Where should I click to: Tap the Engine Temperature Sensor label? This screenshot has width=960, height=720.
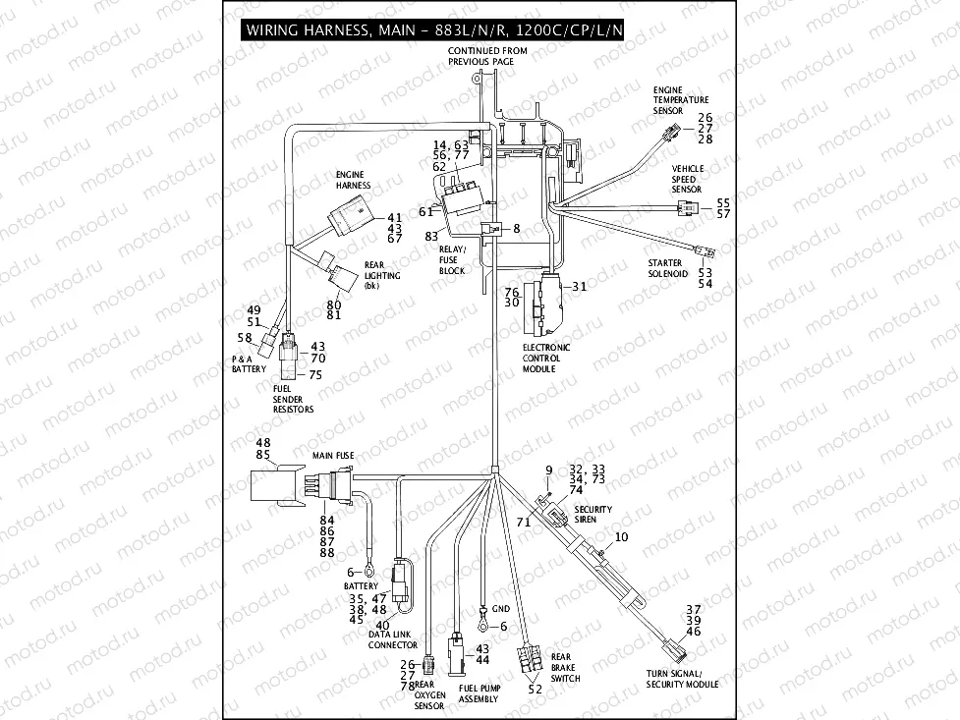pyautogui.click(x=681, y=99)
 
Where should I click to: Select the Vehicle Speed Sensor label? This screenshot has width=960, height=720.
pyautogui.click(x=687, y=179)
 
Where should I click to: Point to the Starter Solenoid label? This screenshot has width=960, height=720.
pyautogui.click(x=668, y=269)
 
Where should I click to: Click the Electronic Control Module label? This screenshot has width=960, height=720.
pyautogui.click(x=545, y=358)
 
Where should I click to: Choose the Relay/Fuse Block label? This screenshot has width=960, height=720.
pyautogui.click(x=452, y=259)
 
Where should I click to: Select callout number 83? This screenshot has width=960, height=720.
pyautogui.click(x=431, y=237)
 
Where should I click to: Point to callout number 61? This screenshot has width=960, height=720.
pyautogui.click(x=425, y=211)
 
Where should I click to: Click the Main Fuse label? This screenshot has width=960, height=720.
pyautogui.click(x=333, y=456)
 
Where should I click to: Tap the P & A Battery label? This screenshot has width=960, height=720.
pyautogui.click(x=249, y=364)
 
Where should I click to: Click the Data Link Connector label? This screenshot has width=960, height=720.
pyautogui.click(x=392, y=640)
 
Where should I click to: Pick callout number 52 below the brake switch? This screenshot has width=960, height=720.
pyautogui.click(x=535, y=690)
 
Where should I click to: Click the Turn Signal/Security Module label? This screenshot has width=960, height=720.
pyautogui.click(x=682, y=680)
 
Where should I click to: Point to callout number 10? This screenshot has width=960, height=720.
pyautogui.click(x=621, y=537)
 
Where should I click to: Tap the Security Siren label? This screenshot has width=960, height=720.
pyautogui.click(x=593, y=514)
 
